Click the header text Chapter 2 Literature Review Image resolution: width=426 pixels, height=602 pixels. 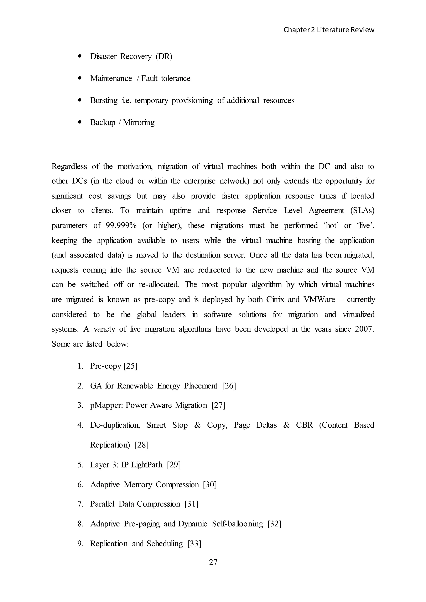(x=329, y=30)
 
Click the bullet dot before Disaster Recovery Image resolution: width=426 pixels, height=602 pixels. (x=80, y=56)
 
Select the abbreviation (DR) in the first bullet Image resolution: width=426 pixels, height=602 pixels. (x=164, y=56)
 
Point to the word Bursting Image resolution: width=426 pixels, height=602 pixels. (x=104, y=100)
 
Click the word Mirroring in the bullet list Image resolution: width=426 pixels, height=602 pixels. (x=139, y=122)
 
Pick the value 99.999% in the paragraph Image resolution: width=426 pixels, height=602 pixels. (x=121, y=226)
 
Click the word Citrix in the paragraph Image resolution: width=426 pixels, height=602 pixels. (x=275, y=299)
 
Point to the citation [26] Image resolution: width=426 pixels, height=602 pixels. (x=229, y=386)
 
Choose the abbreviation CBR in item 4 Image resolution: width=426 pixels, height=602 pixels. (x=304, y=425)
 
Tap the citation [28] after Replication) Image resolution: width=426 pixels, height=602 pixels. (x=142, y=445)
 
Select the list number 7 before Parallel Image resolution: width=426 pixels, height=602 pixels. (x=80, y=504)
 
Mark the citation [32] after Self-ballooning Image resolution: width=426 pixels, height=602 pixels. (x=274, y=524)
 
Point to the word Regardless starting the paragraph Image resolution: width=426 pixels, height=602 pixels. (x=69, y=167)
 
